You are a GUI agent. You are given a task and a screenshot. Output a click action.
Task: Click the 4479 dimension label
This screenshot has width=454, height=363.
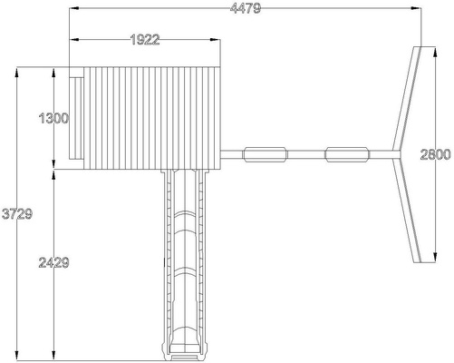tap(245, 8)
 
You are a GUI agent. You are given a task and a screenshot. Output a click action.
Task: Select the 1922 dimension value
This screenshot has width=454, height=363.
tap(145, 40)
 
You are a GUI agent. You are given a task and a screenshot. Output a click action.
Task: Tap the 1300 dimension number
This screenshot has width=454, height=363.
tap(53, 118)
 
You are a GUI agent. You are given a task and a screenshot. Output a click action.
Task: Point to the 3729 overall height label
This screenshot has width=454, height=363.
tap(17, 214)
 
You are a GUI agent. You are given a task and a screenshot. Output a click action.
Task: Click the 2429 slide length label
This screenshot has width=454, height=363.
tap(53, 262)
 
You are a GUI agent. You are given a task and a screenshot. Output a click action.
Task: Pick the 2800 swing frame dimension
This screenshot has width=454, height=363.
tap(435, 154)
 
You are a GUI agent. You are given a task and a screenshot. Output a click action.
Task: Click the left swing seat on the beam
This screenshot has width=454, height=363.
tap(266, 154)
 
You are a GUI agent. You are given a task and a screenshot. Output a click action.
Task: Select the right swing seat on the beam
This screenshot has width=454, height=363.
tap(347, 154)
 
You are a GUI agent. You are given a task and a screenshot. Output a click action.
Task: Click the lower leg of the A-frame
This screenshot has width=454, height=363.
tap(408, 211)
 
